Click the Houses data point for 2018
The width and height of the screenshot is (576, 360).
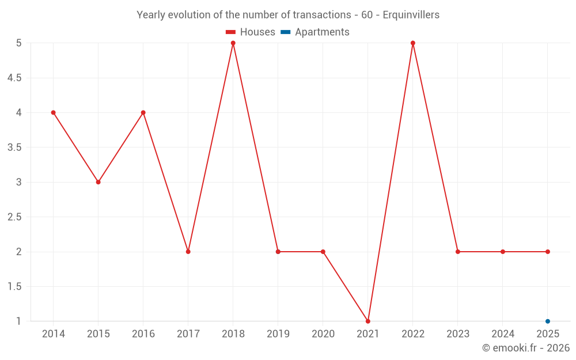[233, 43]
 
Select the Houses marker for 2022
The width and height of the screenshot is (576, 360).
[413, 43]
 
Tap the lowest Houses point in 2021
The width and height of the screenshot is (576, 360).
[368, 321]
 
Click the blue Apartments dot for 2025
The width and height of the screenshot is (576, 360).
[548, 321]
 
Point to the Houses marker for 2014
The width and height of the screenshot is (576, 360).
[54, 112]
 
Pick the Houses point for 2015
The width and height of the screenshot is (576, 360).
[98, 182]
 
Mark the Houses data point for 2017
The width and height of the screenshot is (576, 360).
[188, 252]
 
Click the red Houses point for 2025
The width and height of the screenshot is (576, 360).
[548, 252]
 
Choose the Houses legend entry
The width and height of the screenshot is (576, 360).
[251, 32]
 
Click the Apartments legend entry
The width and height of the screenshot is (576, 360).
[315, 32]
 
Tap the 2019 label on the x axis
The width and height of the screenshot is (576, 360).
[278, 334]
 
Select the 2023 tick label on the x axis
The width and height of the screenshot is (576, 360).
[458, 334]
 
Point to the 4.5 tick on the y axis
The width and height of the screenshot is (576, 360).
[14, 78]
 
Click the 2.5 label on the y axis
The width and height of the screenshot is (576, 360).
[14, 217]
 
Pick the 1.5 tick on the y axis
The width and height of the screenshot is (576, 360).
[14, 286]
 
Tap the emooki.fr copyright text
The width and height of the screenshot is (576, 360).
[526, 348]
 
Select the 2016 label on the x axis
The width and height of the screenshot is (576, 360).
[143, 334]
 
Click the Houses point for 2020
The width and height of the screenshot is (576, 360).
[323, 252]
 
